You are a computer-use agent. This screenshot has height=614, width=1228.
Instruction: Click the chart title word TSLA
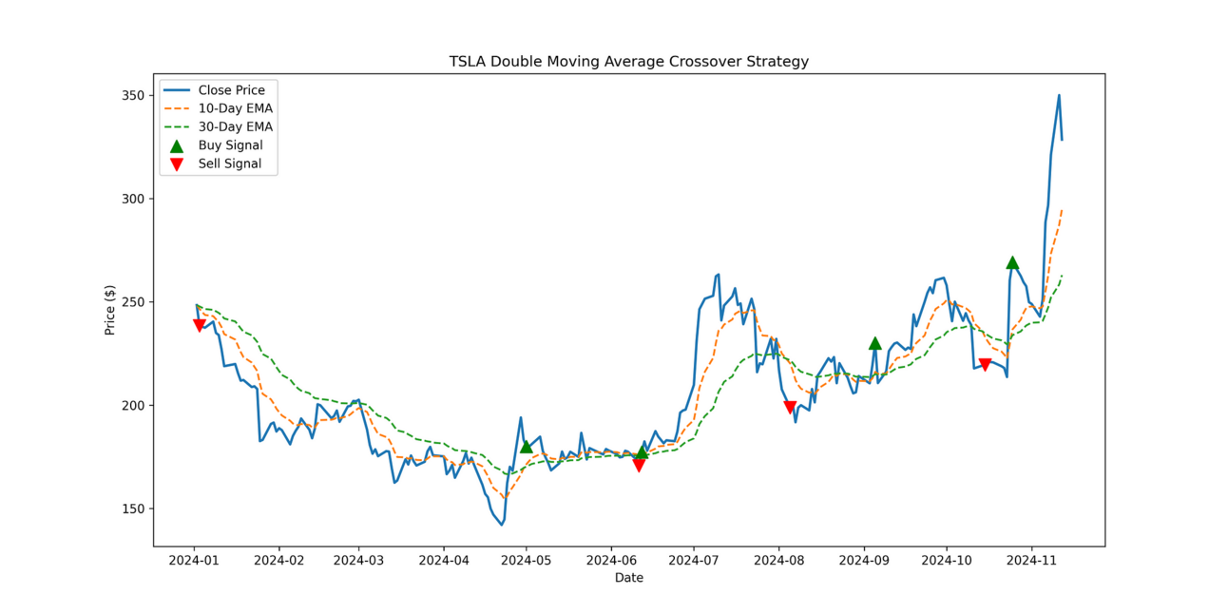pyautogui.click(x=467, y=62)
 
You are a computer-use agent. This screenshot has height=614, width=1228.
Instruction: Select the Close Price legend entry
pyautogui.click(x=231, y=90)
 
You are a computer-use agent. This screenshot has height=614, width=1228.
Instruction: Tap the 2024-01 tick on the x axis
pyautogui.click(x=195, y=561)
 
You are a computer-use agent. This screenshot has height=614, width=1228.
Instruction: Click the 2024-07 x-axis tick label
pyautogui.click(x=694, y=561)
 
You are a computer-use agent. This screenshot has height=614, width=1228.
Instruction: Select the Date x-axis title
pyautogui.click(x=628, y=578)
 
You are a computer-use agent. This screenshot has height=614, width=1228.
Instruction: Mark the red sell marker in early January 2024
pyautogui.click(x=199, y=326)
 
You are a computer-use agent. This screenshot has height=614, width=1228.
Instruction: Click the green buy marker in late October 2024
pyautogui.click(x=1012, y=262)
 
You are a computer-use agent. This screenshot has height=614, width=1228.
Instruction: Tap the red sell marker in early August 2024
pyautogui.click(x=790, y=408)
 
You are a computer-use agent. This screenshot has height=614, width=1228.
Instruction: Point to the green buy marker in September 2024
pyautogui.click(x=874, y=343)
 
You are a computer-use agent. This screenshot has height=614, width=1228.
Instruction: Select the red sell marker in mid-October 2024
pyautogui.click(x=985, y=365)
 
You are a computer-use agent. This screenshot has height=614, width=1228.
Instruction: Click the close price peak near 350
pyautogui.click(x=1059, y=95)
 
